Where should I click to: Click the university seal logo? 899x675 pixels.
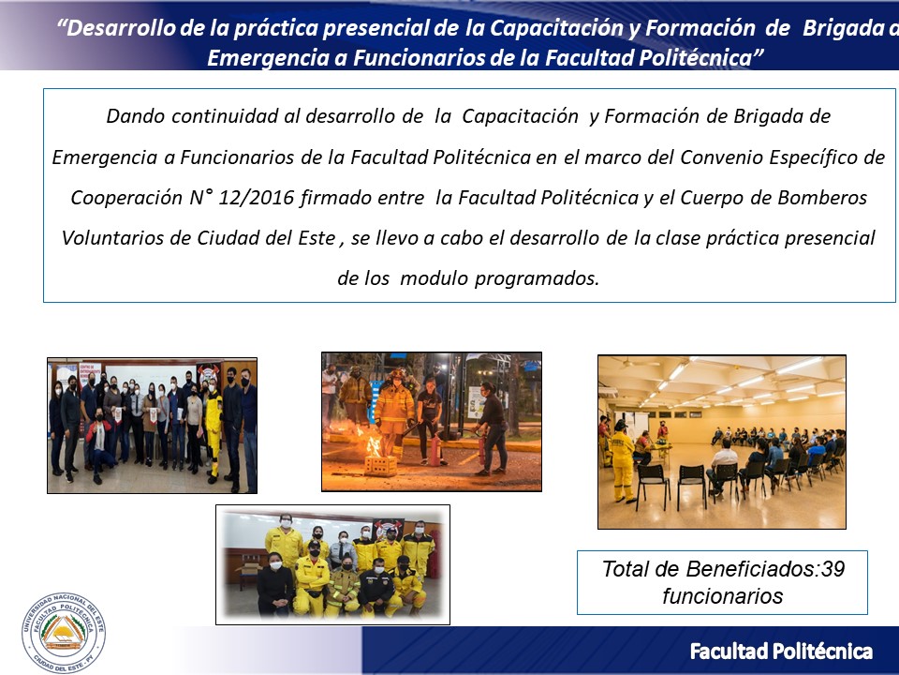click(64, 633)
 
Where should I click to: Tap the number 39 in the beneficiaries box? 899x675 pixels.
click(833, 569)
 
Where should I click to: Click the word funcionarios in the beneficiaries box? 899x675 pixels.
click(722, 596)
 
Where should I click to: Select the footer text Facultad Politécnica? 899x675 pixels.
click(781, 652)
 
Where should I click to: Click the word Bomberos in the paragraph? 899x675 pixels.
click(822, 198)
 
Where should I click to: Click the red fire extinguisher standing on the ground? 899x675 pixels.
click(435, 449)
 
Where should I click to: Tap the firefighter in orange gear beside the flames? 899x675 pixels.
click(393, 414)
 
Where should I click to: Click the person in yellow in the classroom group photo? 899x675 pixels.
click(213, 428)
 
